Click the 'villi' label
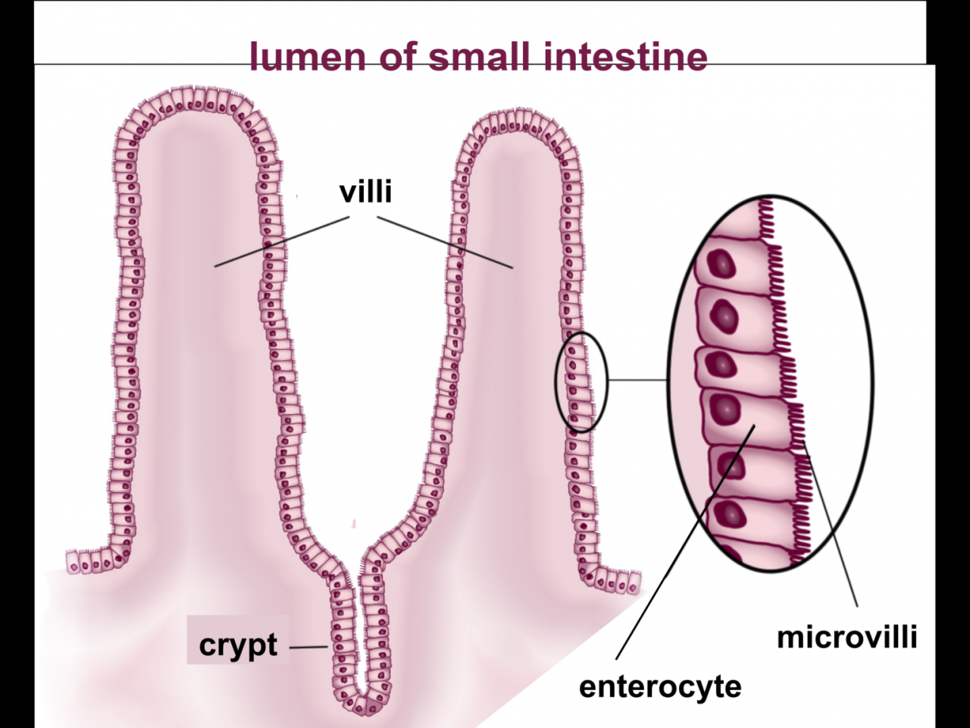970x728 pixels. click(365, 192)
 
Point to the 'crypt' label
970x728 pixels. click(238, 645)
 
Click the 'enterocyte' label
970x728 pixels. click(659, 686)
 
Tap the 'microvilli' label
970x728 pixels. click(846, 637)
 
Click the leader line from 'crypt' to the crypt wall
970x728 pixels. click(308, 648)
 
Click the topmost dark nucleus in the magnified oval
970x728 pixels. click(722, 263)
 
